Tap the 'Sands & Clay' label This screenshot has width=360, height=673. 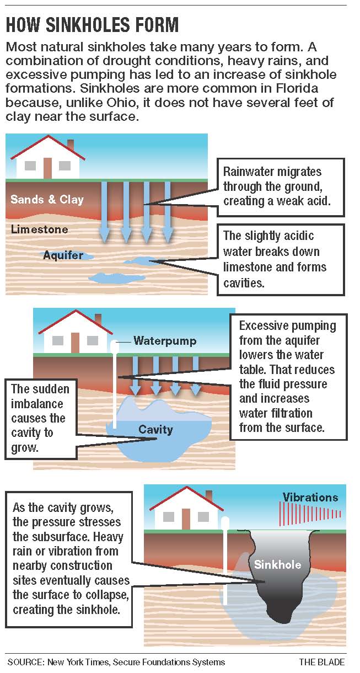(47, 199)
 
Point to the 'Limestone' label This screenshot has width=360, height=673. (40, 229)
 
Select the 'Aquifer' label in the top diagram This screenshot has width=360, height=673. (63, 255)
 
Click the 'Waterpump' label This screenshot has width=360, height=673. (165, 341)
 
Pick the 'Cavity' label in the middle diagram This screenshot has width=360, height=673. (155, 429)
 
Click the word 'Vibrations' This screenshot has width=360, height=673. (310, 497)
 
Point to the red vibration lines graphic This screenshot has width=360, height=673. (311, 514)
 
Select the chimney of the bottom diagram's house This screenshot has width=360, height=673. (208, 495)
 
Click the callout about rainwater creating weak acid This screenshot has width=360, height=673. (280, 187)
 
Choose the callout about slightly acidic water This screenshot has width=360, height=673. (280, 259)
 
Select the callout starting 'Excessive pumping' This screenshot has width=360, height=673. (288, 377)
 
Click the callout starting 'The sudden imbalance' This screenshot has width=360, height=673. (40, 418)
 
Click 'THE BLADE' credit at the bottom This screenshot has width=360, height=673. (322, 662)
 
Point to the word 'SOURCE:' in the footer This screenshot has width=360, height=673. (26, 662)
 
